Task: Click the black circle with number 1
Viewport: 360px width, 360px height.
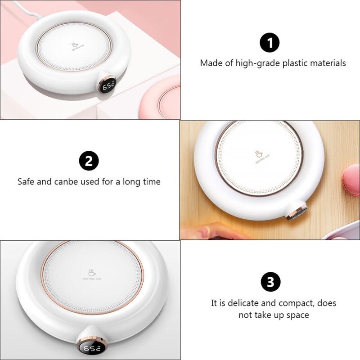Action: click(270, 43)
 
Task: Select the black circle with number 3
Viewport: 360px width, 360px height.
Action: click(270, 282)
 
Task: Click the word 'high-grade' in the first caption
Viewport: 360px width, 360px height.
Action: click(258, 63)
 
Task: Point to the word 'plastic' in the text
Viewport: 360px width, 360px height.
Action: click(297, 63)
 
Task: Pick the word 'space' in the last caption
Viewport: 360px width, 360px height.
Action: click(297, 315)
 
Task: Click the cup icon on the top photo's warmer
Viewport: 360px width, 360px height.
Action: click(75, 45)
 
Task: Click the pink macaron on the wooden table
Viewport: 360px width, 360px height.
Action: click(351, 180)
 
